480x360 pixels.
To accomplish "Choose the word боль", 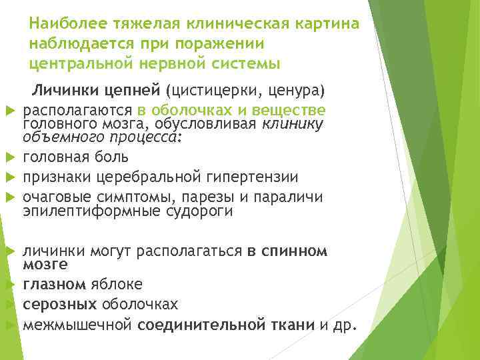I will click(110, 157).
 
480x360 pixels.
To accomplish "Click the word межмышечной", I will click(79, 325).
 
